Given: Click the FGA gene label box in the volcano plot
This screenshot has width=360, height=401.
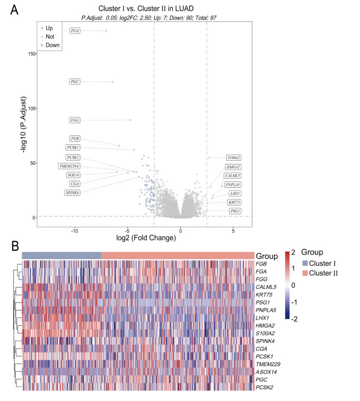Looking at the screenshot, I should click(x=75, y=31).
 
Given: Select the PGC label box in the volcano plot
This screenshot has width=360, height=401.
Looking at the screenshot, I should click(x=75, y=81).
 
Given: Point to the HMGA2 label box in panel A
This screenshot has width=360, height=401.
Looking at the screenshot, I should click(x=233, y=167).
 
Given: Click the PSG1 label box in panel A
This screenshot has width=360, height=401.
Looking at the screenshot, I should click(x=235, y=211).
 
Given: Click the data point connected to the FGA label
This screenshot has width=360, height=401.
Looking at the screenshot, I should click(x=106, y=31).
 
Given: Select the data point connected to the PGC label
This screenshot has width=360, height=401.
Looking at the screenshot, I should click(x=112, y=81).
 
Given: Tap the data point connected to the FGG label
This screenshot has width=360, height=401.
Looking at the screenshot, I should click(x=130, y=120).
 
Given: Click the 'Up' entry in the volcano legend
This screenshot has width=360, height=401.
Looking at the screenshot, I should click(x=49, y=28).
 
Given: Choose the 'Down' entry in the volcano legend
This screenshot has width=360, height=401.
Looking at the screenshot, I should click(x=53, y=45).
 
